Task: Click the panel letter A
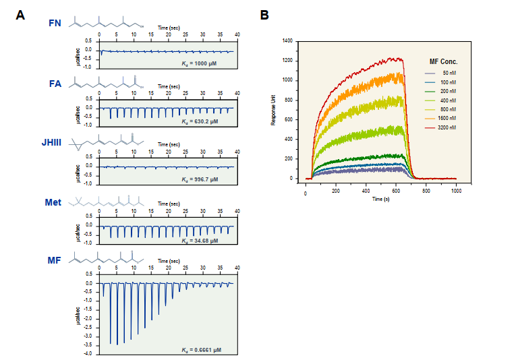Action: [20, 15]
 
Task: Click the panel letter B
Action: [264, 15]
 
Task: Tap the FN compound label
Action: [56, 24]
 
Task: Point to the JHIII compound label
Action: [53, 143]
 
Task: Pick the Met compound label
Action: [54, 202]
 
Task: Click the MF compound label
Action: [55, 262]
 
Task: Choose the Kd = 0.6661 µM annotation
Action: [201, 349]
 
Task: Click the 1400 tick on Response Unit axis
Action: [287, 41]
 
